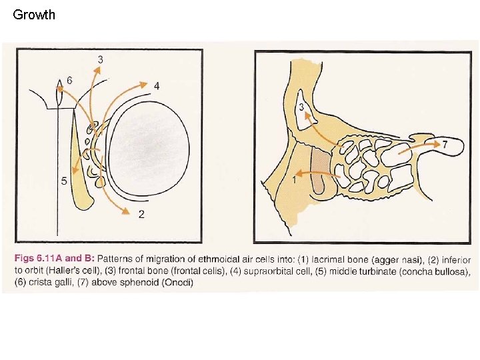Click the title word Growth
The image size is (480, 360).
(x=34, y=14)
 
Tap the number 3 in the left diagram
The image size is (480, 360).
(x=100, y=59)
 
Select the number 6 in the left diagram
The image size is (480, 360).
(x=69, y=80)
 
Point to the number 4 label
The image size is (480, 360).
(x=157, y=85)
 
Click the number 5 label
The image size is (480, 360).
(x=63, y=181)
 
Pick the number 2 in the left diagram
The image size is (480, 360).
(x=141, y=214)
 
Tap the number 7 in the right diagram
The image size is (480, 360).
(x=445, y=143)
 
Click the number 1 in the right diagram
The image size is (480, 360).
(x=294, y=180)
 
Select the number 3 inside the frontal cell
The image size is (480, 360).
(x=301, y=107)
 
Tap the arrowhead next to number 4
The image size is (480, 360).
(x=143, y=84)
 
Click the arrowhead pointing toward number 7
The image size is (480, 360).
(x=435, y=143)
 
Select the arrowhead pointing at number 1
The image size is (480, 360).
(x=299, y=173)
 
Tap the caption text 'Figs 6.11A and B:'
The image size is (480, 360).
(x=53, y=259)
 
